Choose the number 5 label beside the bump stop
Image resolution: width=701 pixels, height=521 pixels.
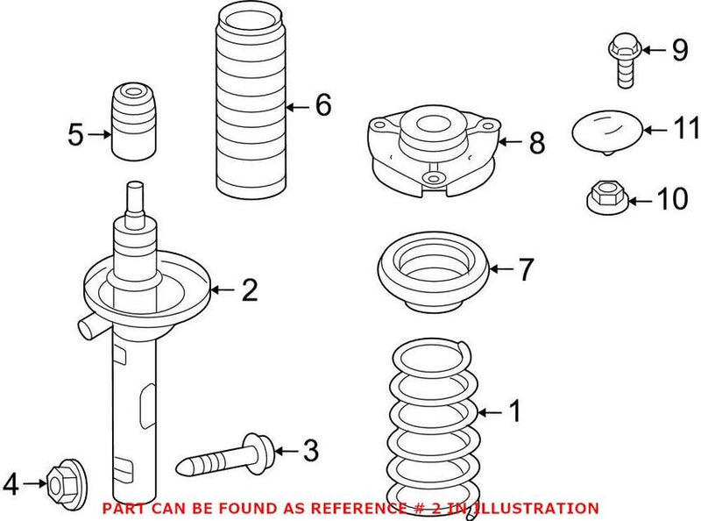[75, 135]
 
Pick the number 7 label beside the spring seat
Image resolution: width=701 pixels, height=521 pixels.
[524, 270]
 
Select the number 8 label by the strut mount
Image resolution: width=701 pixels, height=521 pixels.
[536, 142]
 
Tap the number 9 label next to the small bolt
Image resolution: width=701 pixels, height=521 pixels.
[680, 51]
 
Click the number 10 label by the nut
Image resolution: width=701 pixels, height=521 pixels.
[673, 200]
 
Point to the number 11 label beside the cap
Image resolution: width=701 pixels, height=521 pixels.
[687, 130]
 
